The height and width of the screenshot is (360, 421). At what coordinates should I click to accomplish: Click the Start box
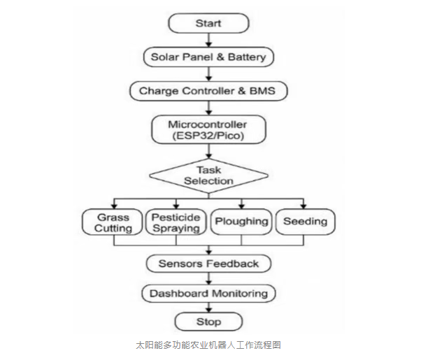point(208,23)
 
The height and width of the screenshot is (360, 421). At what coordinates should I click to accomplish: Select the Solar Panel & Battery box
point(208,57)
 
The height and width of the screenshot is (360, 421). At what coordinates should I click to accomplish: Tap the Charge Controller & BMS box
point(208,91)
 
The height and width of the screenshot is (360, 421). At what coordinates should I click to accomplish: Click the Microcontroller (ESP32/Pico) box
point(208,130)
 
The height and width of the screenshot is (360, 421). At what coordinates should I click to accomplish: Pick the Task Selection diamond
point(208,175)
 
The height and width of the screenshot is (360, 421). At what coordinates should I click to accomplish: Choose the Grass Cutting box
point(113,222)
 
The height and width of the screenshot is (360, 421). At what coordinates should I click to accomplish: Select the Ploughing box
point(241,222)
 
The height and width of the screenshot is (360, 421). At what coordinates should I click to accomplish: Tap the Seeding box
point(305,222)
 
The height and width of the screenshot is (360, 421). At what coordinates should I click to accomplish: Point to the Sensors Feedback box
point(208,264)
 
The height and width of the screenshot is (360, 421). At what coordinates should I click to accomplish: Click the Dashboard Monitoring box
point(208,294)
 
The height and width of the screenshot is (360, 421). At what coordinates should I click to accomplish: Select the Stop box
point(208,322)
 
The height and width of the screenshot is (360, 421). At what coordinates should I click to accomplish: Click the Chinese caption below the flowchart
point(208,345)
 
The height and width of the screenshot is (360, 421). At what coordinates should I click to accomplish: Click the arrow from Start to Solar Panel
point(208,40)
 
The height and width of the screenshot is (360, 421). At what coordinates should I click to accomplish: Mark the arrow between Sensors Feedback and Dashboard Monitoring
point(208,279)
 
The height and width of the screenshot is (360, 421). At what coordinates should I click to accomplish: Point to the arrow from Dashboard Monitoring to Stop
point(208,308)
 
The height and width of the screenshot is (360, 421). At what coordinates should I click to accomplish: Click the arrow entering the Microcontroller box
point(208,108)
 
